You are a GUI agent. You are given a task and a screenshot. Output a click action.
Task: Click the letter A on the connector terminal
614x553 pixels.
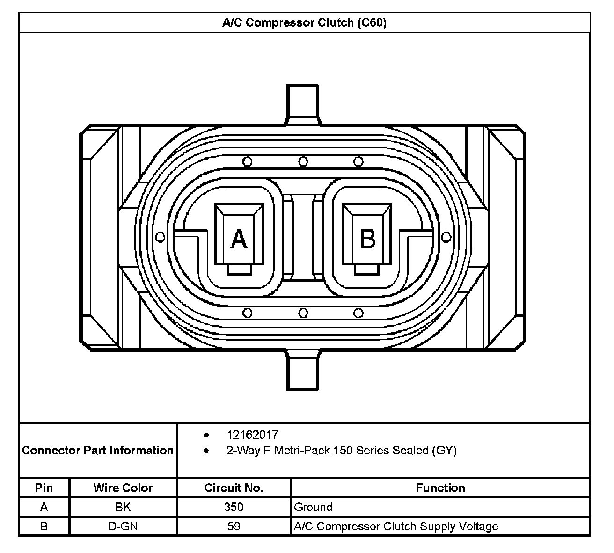coord(239,239)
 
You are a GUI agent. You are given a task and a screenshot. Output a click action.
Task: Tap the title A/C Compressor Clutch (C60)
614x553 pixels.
coord(304,22)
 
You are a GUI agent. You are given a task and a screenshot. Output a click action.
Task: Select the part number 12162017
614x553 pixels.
coord(252,435)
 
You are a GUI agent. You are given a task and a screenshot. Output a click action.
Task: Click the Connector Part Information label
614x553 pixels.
coord(98,451)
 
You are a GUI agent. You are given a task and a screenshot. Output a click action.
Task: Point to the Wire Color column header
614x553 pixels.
coord(123,488)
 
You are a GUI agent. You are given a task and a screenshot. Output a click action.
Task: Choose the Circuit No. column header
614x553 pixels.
coord(234,488)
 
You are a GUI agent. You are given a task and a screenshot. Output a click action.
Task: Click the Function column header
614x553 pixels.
coord(440,488)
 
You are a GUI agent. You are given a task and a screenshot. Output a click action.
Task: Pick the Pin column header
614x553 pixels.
coord(44,488)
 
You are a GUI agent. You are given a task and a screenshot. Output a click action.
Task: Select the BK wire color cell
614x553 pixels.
coord(123,507)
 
